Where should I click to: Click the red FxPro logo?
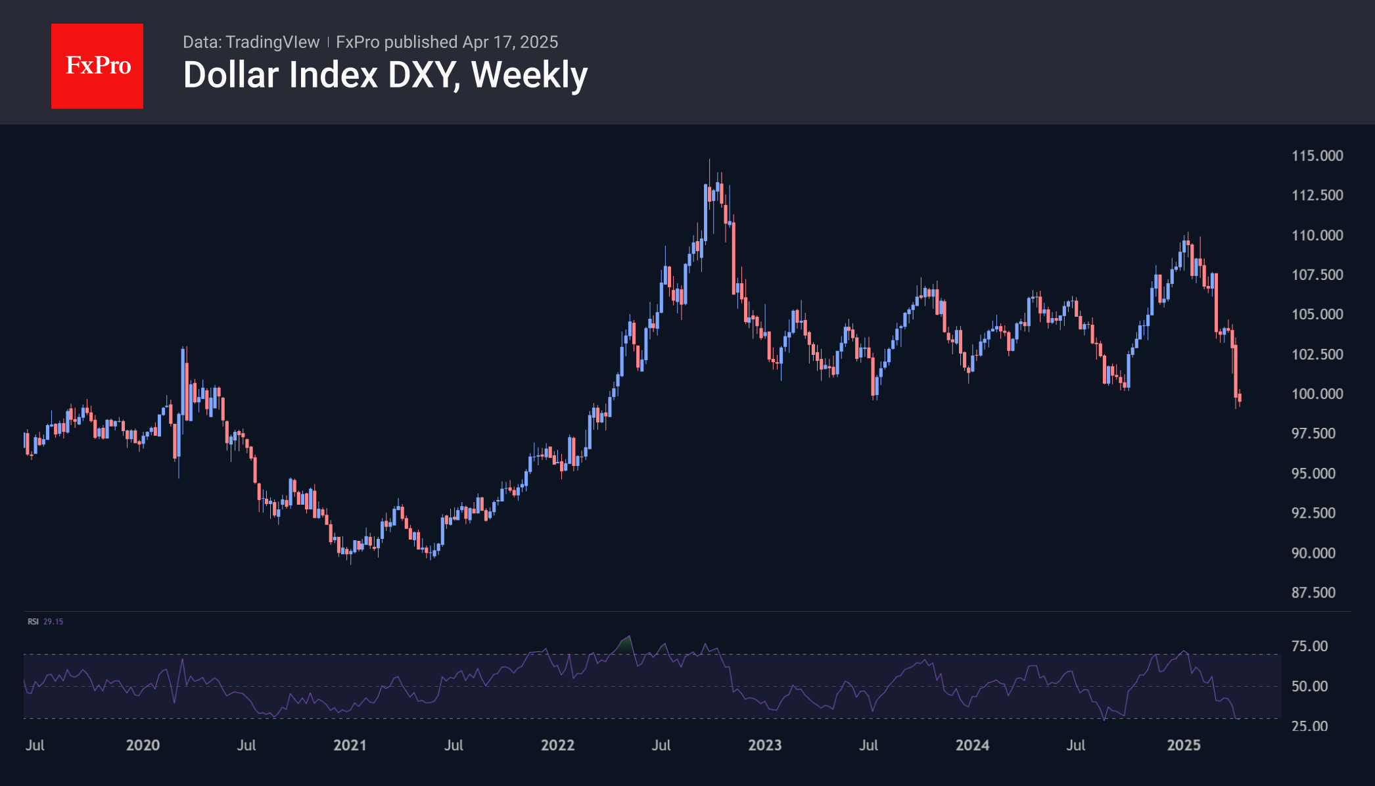pyautogui.click(x=97, y=66)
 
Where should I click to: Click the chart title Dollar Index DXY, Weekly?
pyautogui.click(x=385, y=75)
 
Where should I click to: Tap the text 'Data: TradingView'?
pyautogui.click(x=251, y=42)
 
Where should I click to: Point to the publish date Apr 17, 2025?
pyautogui.click(x=510, y=42)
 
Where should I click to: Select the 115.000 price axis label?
pyautogui.click(x=1317, y=156)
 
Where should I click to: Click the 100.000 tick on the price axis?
pyautogui.click(x=1317, y=394)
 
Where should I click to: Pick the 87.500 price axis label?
pyautogui.click(x=1313, y=592)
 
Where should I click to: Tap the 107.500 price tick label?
pyautogui.click(x=1317, y=275)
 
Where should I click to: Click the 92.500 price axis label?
pyautogui.click(x=1313, y=513)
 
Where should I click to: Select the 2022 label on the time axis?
pyautogui.click(x=557, y=745)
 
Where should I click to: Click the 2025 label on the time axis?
pyautogui.click(x=1183, y=745)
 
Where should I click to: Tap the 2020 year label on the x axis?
pyautogui.click(x=143, y=745)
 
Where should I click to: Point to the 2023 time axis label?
pyautogui.click(x=765, y=745)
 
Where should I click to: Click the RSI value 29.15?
pyautogui.click(x=53, y=621)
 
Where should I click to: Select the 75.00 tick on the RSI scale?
pyautogui.click(x=1309, y=646)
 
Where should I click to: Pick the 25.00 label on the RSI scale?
pyautogui.click(x=1309, y=726)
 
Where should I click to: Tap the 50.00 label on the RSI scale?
pyautogui.click(x=1309, y=686)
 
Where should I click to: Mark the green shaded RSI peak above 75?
pyautogui.click(x=625, y=644)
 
